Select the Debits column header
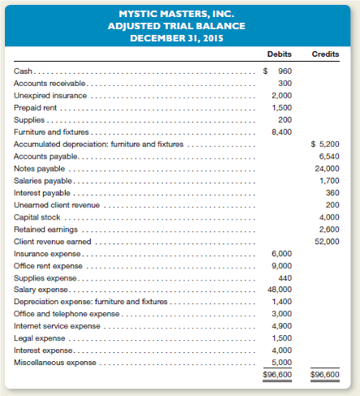pos(279,54)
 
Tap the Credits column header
pos(325,54)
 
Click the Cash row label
pos(24,72)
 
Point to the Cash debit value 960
pos(284,72)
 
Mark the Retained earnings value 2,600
pos(329,228)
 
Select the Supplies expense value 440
pos(284,277)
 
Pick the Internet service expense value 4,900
pos(280,326)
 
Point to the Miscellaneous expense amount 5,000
pos(280,363)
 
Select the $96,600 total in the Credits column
pos(325,374)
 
